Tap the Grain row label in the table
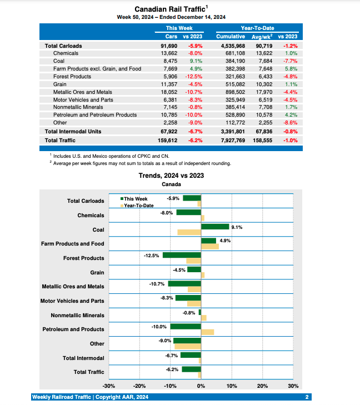(x=61, y=84)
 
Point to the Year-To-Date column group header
(x=257, y=28)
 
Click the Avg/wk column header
(x=263, y=36)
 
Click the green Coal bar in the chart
(x=215, y=227)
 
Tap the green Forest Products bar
(x=182, y=255)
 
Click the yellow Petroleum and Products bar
(x=207, y=332)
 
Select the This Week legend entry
(x=134, y=198)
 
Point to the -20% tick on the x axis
(x=139, y=386)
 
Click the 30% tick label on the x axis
(x=293, y=386)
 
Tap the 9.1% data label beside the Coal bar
(x=237, y=227)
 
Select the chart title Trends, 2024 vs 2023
(x=171, y=176)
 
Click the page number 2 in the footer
(x=307, y=397)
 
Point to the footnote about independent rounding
(x=142, y=163)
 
